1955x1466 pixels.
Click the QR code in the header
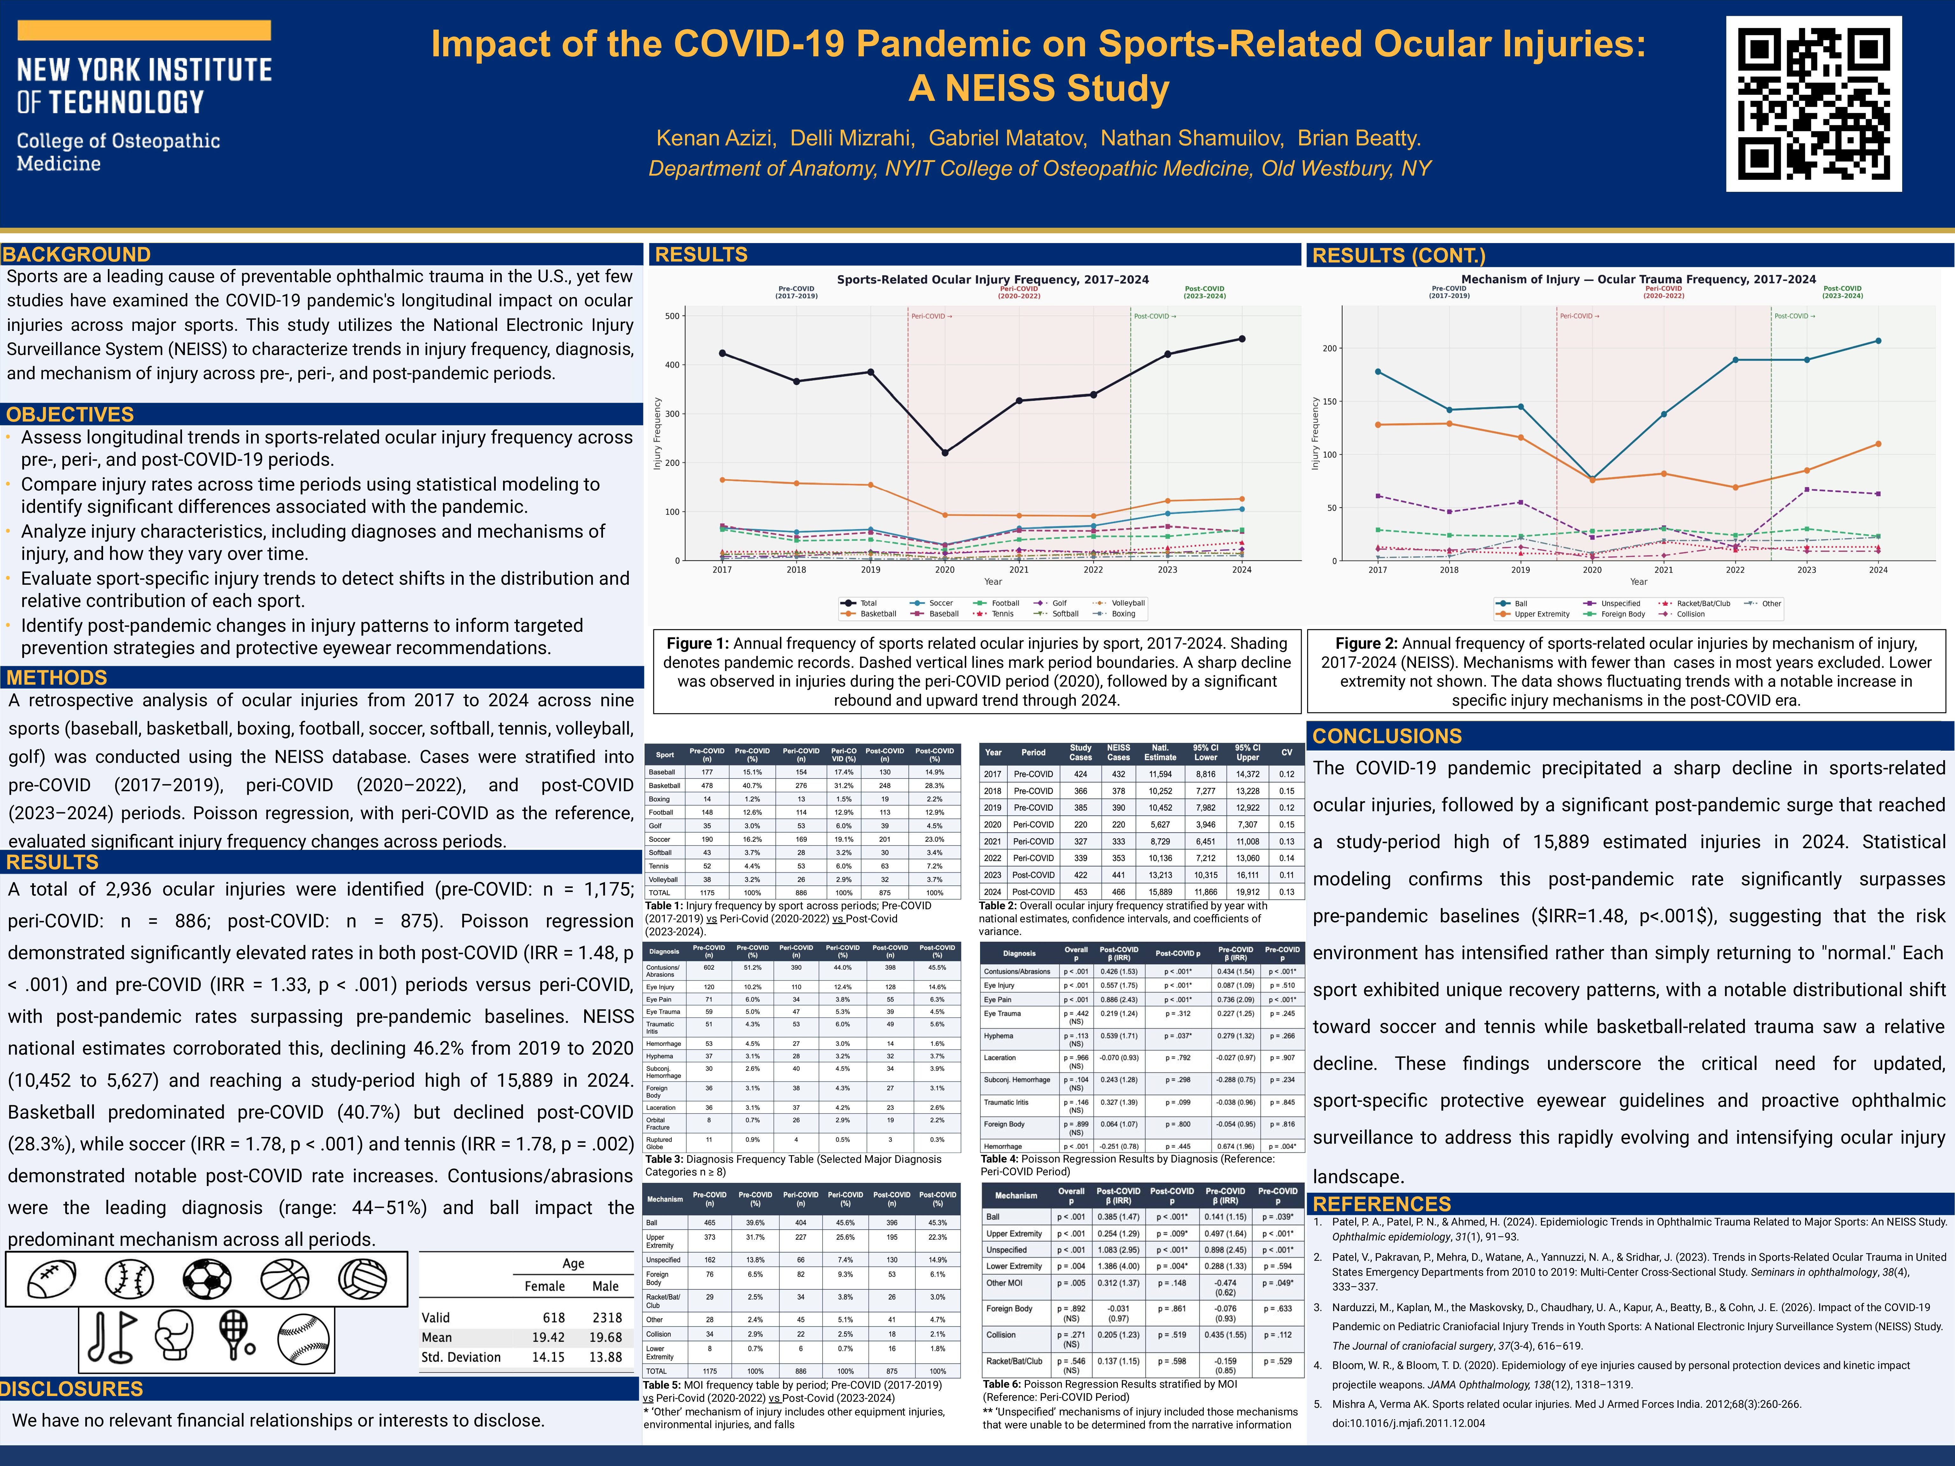(1814, 103)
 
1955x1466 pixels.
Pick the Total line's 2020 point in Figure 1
(945, 452)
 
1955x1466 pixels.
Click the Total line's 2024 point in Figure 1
(1242, 339)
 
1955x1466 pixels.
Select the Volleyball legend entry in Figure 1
(1127, 603)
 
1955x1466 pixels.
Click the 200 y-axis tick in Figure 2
(1330, 348)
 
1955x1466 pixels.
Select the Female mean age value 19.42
(548, 1337)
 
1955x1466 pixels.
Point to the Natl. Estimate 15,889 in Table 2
(1160, 892)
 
